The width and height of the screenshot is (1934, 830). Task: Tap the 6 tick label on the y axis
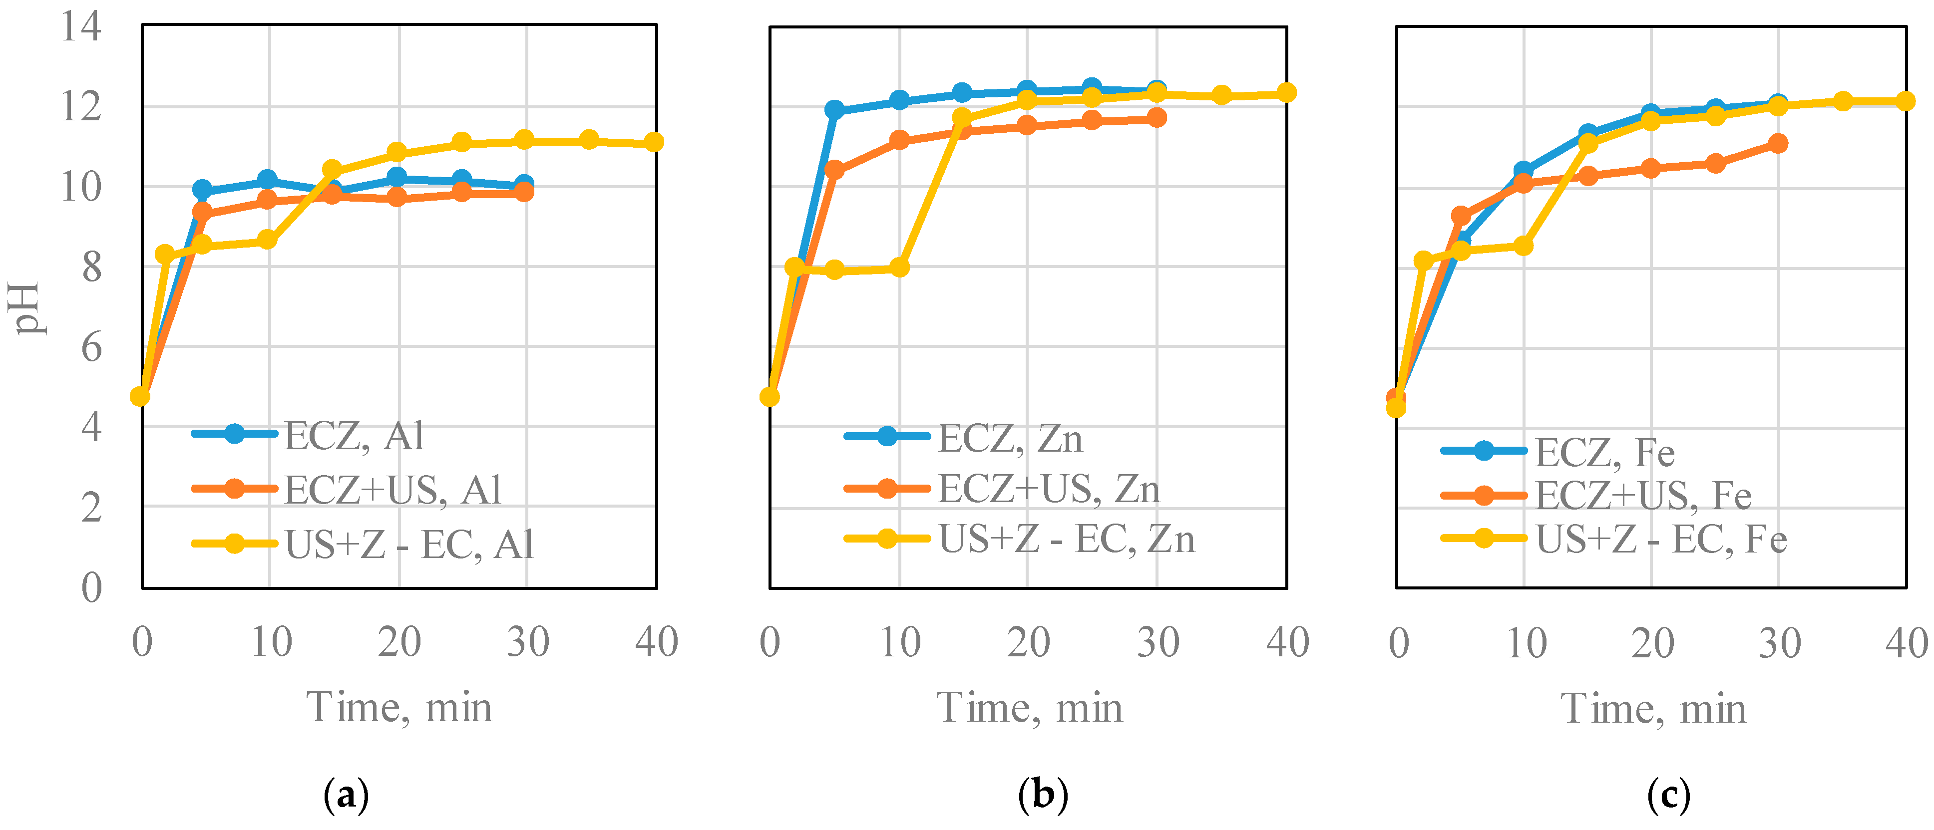tap(91, 347)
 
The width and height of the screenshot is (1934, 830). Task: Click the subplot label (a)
tap(346, 794)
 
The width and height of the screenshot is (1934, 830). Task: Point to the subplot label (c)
tap(1668, 794)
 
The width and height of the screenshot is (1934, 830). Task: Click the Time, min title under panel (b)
tap(1029, 707)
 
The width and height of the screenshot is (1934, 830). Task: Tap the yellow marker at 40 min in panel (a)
tap(654, 142)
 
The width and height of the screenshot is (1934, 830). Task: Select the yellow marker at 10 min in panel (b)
tap(899, 267)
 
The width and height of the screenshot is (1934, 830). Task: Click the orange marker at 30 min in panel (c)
tap(1778, 143)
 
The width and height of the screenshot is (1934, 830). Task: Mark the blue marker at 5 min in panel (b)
tap(834, 110)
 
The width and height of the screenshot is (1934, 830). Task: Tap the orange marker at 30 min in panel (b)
tap(1157, 118)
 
